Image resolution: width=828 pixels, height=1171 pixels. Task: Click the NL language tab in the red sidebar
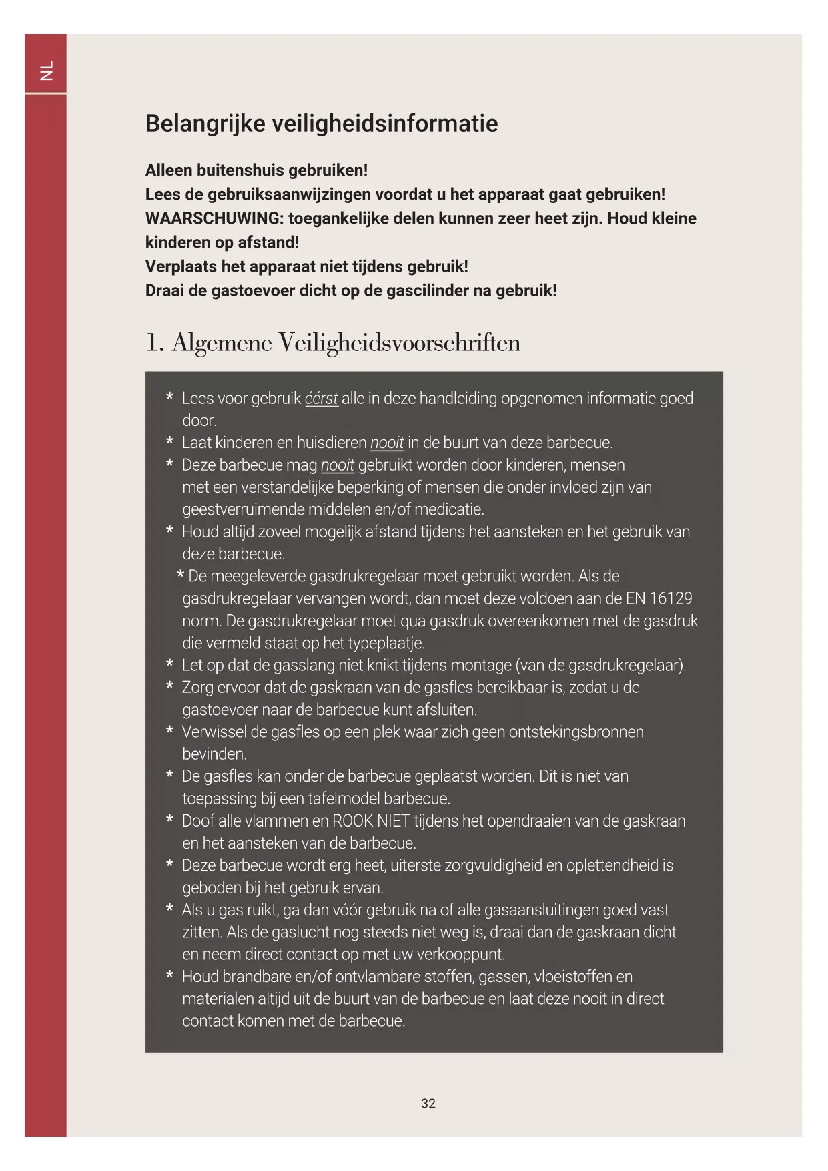46,70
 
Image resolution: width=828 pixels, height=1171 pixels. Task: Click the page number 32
428,1104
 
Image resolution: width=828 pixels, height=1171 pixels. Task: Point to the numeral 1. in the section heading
154,342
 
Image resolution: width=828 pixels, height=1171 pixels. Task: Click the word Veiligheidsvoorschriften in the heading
399,342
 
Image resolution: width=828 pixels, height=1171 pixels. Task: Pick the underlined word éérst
321,399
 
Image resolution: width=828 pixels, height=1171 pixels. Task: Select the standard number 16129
671,598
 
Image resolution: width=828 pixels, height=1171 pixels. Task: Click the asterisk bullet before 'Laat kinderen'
170,442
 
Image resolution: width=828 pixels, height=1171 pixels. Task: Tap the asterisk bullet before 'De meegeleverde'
180,575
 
